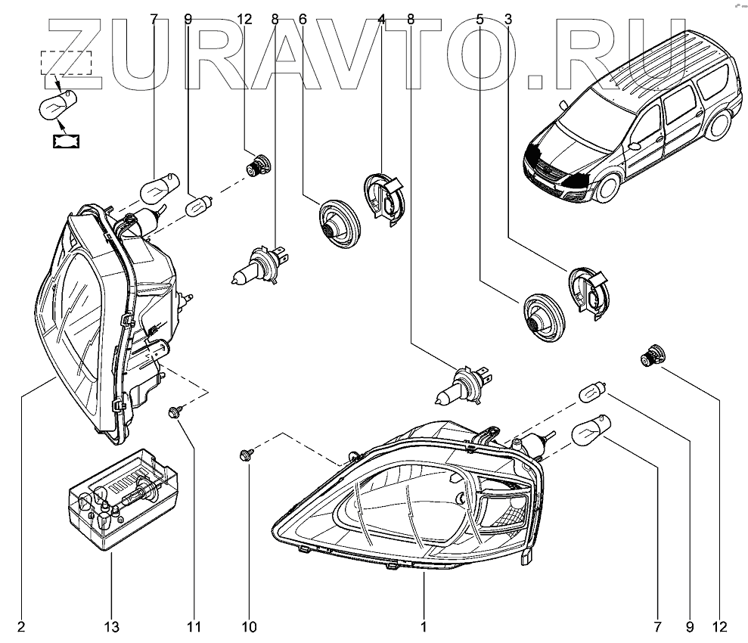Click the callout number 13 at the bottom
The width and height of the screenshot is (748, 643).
(111, 626)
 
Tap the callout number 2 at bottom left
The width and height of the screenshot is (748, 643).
(21, 626)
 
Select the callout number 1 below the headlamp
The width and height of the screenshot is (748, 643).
(424, 626)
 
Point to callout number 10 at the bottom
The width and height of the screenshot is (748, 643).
(249, 626)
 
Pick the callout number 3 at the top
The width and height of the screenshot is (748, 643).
(508, 20)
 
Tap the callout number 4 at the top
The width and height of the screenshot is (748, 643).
(382, 20)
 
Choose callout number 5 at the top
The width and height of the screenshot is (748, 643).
(480, 20)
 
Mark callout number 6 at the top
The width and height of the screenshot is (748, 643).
(303, 20)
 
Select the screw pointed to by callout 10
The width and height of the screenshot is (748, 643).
(245, 455)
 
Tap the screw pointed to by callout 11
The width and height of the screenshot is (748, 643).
(175, 412)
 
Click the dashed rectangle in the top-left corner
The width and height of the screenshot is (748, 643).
(66, 61)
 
